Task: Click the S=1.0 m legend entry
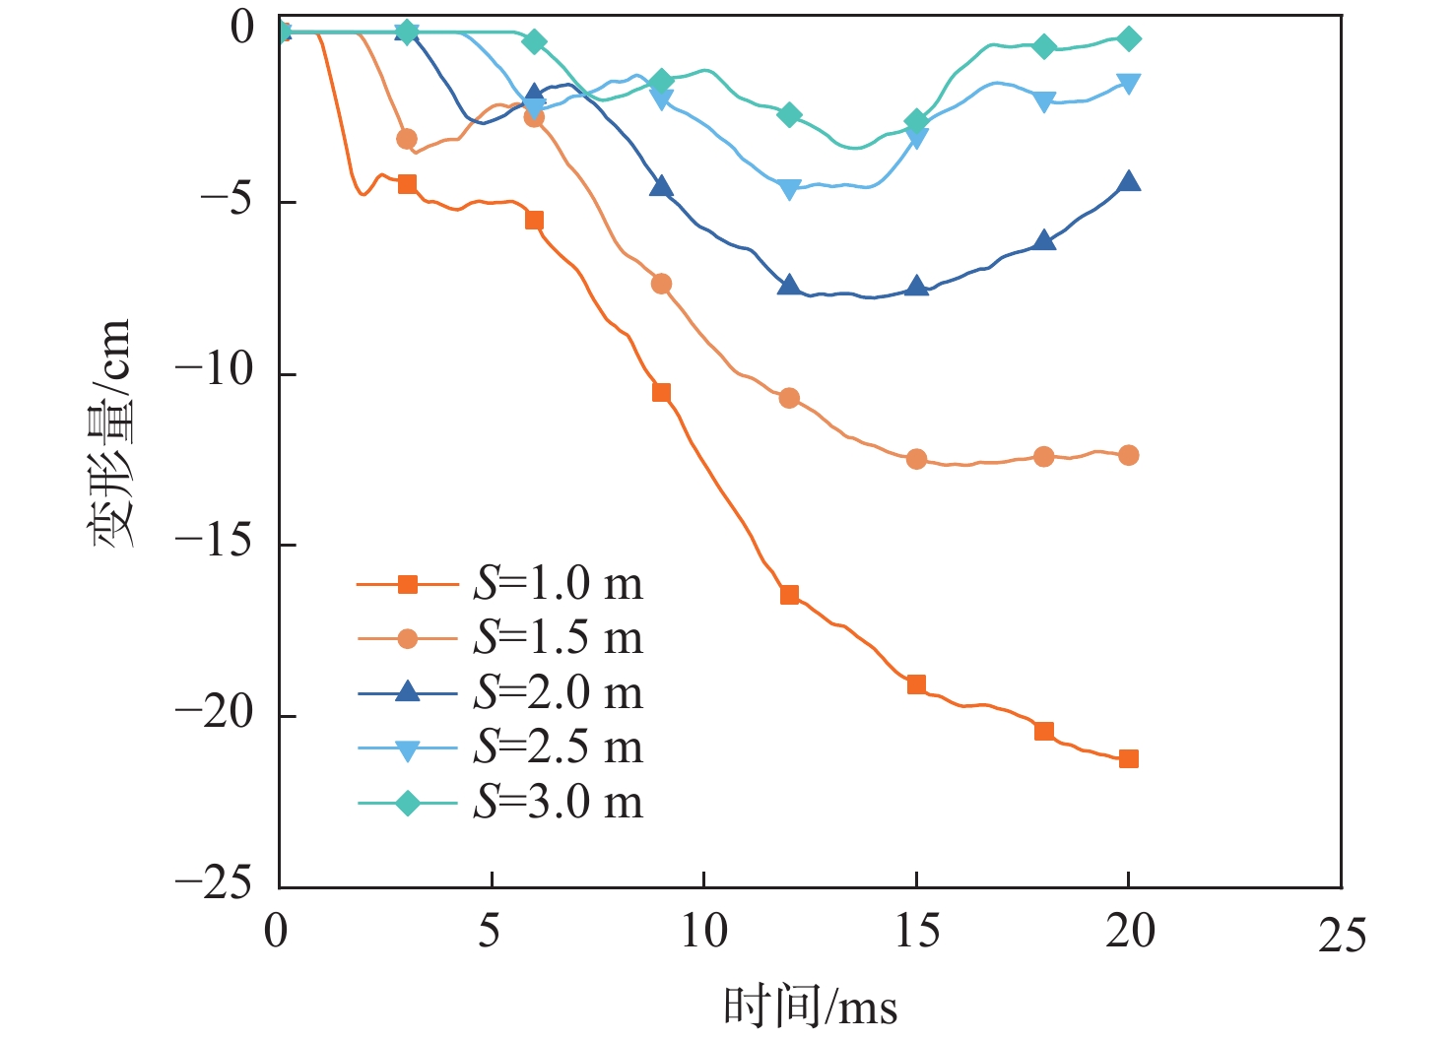point(558,584)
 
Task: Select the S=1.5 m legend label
point(558,638)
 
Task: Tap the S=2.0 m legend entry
point(558,693)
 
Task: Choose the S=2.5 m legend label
point(558,747)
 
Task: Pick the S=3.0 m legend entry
point(558,803)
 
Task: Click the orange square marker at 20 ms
point(1129,758)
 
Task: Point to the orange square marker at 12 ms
point(789,595)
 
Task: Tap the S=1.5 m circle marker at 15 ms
point(916,458)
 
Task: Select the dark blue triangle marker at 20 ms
point(1129,181)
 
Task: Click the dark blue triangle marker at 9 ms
point(661,186)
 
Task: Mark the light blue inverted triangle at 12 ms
point(789,188)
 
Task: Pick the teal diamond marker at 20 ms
point(1129,38)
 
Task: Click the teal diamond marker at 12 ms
point(789,115)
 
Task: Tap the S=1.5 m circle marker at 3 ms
point(407,139)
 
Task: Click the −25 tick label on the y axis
point(215,882)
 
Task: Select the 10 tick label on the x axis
point(703,931)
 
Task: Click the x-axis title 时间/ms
point(810,1007)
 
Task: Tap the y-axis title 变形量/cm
point(110,433)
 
